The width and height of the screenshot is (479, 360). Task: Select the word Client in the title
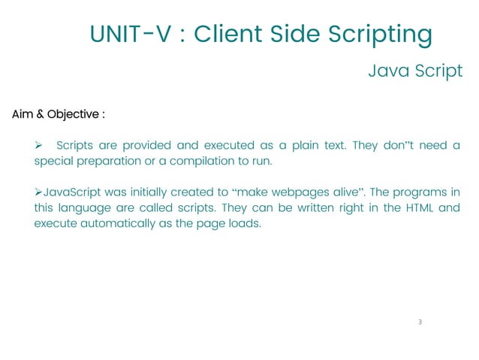click(226, 34)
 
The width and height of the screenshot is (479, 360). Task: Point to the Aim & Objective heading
click(58, 115)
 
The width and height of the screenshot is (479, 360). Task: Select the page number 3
click(420, 322)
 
